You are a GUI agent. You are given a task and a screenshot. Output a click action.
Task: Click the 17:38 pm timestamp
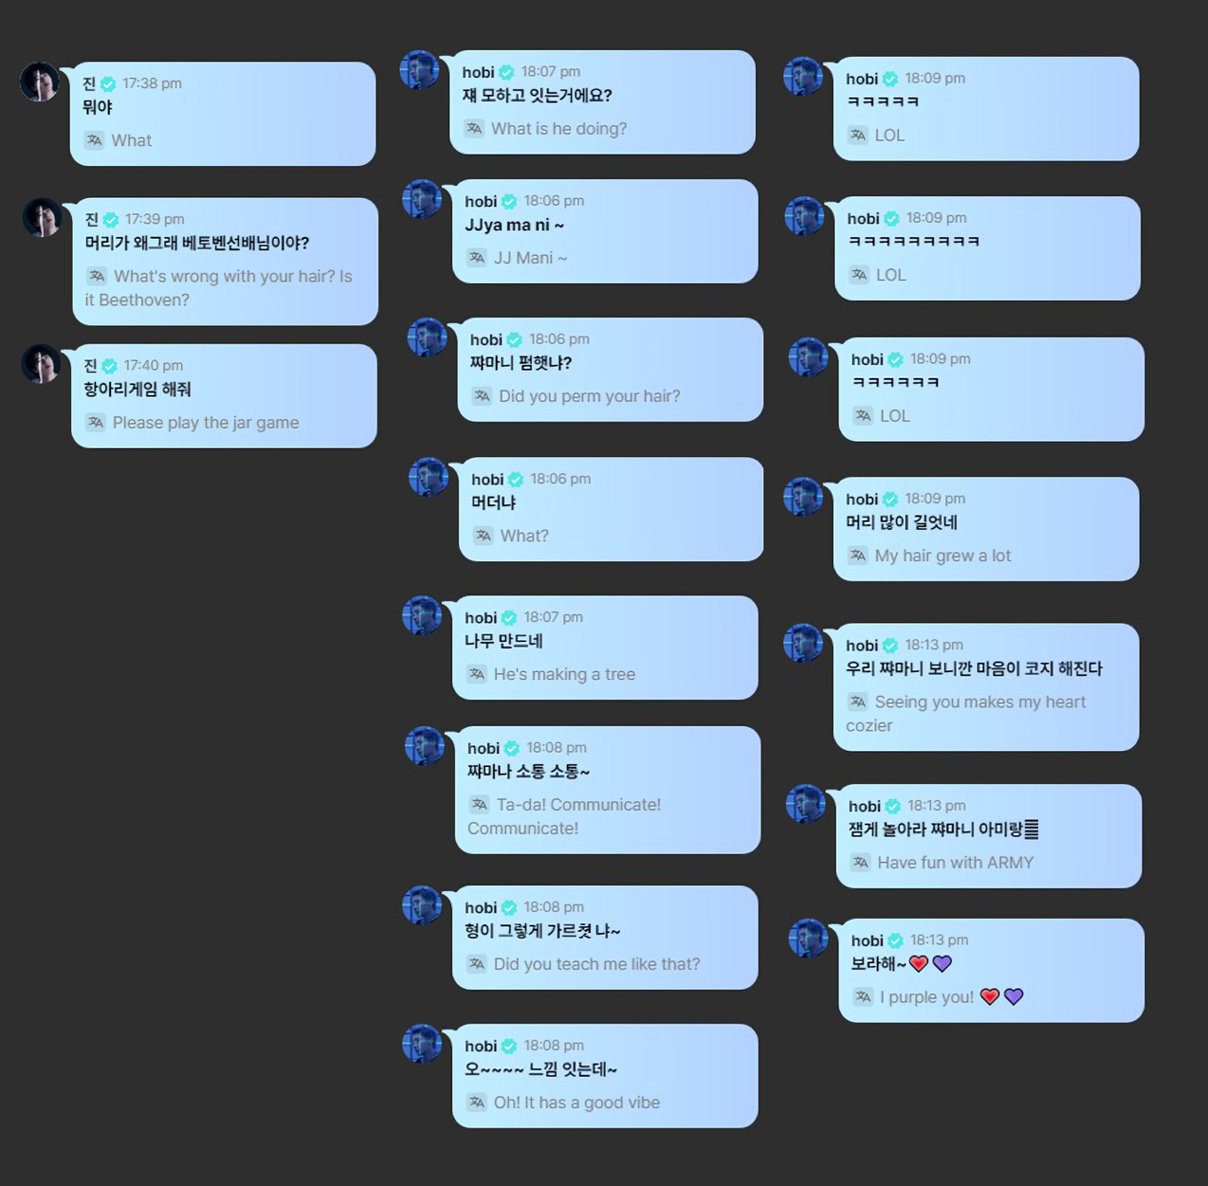152,83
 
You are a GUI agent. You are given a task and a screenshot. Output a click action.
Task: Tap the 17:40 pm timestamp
153,366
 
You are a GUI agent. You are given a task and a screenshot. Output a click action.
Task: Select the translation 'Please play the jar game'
205,423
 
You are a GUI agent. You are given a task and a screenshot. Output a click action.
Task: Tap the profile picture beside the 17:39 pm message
42,217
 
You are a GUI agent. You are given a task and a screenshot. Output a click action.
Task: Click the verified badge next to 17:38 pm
108,84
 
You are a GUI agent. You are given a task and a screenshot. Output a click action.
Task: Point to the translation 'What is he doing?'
559,129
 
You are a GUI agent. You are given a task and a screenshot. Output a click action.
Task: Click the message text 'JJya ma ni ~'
514,225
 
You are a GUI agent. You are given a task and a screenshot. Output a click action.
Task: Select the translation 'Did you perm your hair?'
589,396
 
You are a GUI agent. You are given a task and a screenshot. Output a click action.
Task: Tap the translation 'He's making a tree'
564,675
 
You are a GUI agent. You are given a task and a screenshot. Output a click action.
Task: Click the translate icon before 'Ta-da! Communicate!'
480,804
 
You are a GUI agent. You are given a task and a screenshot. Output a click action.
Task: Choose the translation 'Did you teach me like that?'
596,964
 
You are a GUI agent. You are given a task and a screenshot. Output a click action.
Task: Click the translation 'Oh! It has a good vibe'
576,1103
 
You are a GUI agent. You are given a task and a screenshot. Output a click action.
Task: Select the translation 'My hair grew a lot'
942,556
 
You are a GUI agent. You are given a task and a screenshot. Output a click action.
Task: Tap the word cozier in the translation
869,726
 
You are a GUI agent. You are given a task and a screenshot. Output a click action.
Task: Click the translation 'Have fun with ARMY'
955,863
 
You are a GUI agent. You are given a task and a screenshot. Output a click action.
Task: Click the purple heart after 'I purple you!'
1013,997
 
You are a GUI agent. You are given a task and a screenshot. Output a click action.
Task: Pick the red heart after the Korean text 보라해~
918,964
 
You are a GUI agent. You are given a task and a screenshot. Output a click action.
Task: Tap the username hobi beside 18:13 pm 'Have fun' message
864,806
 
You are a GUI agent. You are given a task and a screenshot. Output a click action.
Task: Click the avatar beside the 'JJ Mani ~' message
422,199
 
